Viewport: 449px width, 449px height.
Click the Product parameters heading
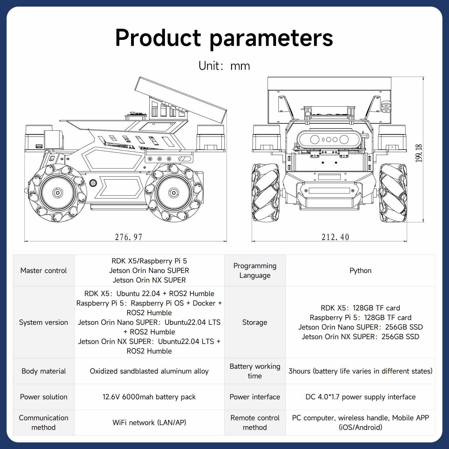coord(224,38)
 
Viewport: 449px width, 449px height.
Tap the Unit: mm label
coord(224,66)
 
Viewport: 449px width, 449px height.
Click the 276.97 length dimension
coord(128,237)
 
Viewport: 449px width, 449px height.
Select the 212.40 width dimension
coord(335,237)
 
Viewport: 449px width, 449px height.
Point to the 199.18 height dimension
coord(418,153)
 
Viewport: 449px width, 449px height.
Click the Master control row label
coord(43,271)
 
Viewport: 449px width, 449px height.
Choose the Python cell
coord(360,271)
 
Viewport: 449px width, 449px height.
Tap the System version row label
coord(43,322)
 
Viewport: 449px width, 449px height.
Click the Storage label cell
coord(255,322)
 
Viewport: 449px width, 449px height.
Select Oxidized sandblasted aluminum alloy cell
coord(149,371)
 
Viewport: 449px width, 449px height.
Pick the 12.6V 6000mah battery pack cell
coord(149,397)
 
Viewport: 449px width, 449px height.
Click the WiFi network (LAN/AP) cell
coord(149,422)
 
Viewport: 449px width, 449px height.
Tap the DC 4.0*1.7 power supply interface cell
coord(360,397)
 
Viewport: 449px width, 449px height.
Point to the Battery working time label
coord(255,371)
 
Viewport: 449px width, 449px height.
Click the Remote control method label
coord(255,422)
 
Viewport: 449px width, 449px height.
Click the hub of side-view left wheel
coord(57,193)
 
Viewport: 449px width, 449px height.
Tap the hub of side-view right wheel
coord(174,193)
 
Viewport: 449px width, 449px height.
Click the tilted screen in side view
coord(180,100)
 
